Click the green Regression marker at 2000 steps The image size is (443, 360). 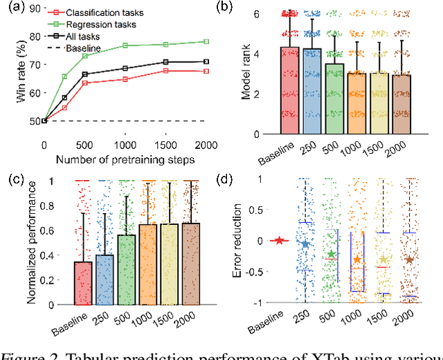pos(206,42)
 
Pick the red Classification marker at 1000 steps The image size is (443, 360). pos(125,80)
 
